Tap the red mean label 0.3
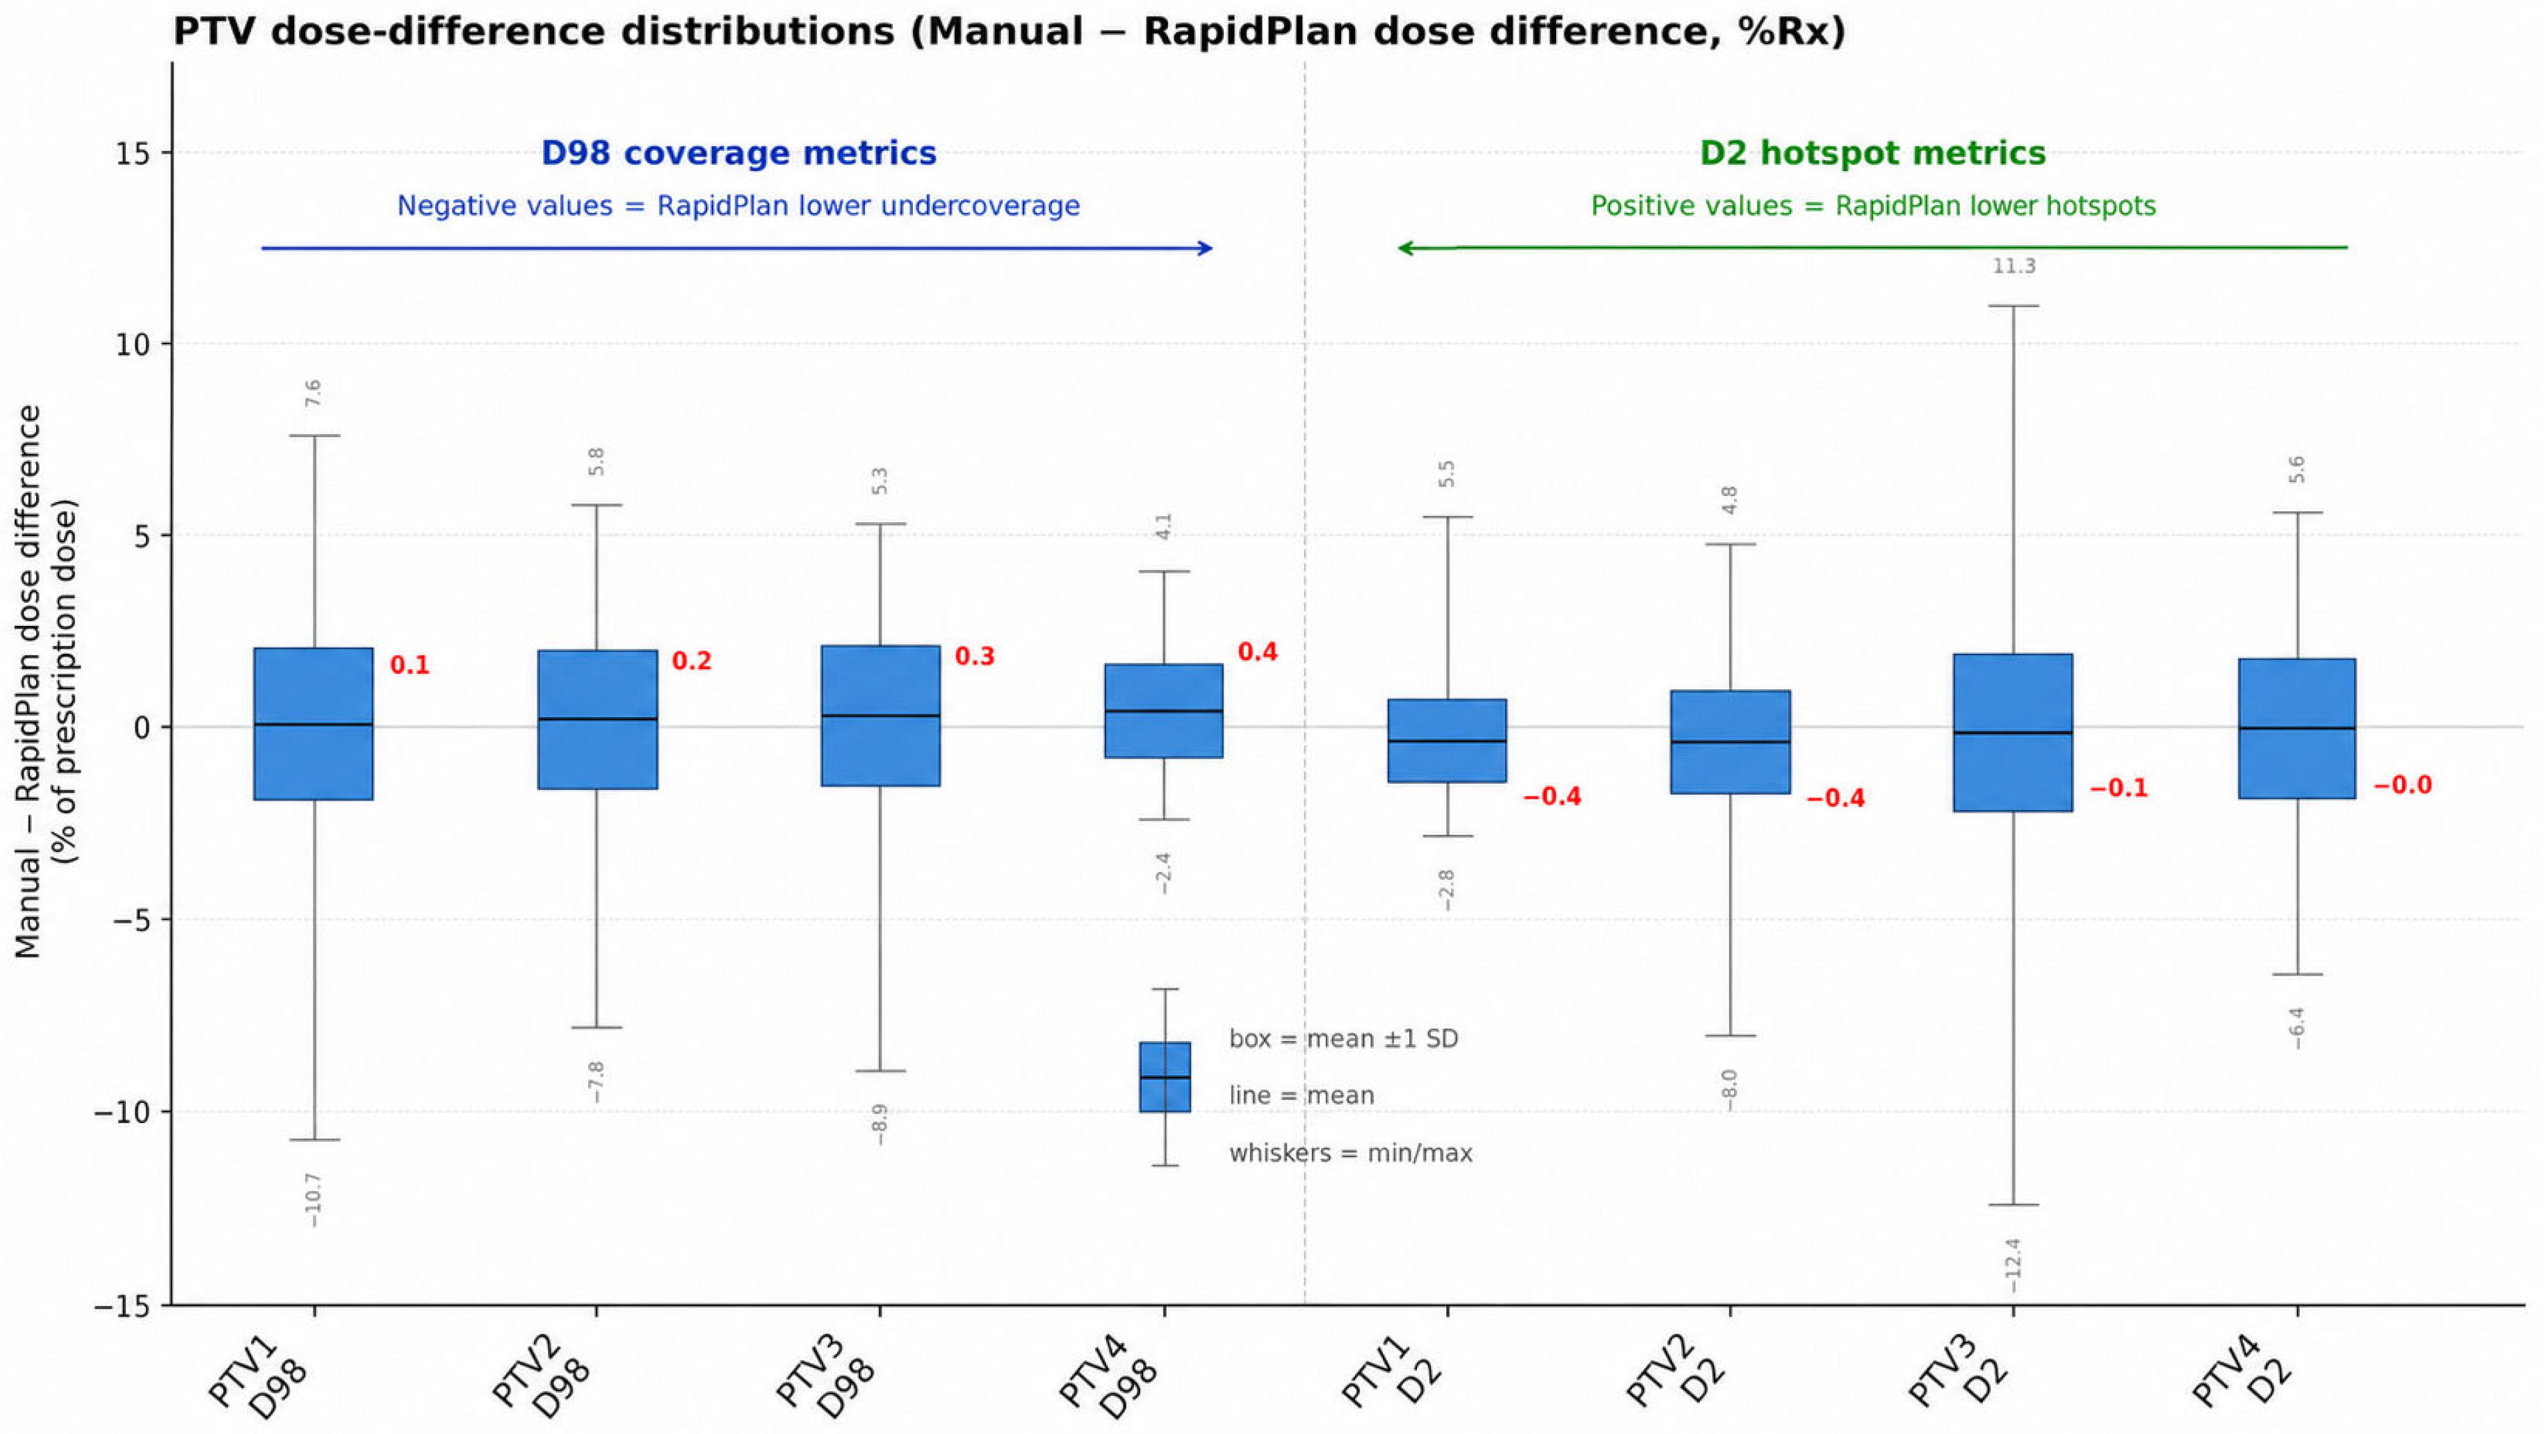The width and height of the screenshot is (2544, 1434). [974, 656]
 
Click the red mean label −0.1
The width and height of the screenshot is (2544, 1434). [2118, 788]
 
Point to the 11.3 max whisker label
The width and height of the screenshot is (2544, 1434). [2014, 266]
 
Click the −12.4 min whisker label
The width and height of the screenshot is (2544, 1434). [2013, 1265]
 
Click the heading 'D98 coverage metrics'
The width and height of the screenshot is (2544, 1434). [738, 153]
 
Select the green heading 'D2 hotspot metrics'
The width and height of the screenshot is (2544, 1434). [1872, 153]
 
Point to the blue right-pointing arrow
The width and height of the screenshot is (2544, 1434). [737, 248]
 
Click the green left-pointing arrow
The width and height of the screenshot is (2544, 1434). [1872, 248]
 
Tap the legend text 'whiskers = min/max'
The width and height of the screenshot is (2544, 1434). [1350, 1152]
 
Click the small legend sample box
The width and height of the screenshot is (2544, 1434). [1165, 1077]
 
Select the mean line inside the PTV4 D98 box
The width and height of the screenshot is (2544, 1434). [1165, 711]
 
